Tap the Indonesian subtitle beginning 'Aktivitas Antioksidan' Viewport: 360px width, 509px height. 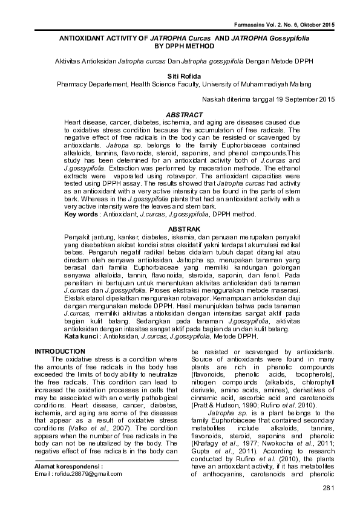180,61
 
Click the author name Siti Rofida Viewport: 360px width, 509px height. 180,76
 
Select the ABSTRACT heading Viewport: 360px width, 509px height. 180,114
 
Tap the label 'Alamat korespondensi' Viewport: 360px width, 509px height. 68,467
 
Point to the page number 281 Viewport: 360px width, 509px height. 329,488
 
